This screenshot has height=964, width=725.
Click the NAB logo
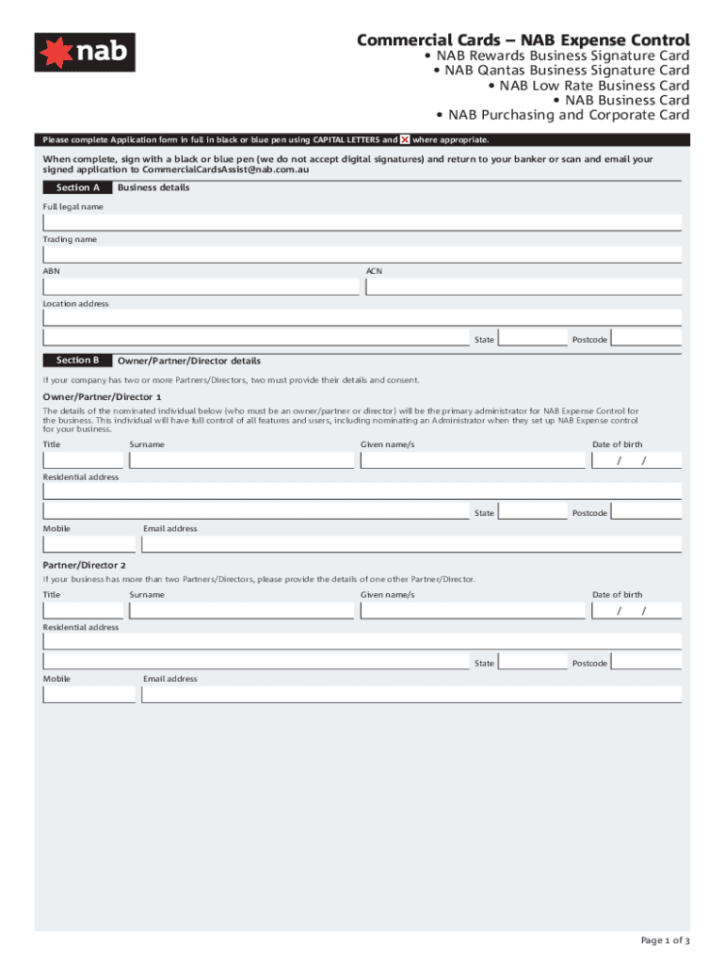(x=85, y=53)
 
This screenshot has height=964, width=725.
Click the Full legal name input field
(x=362, y=223)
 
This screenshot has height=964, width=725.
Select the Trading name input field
(x=362, y=255)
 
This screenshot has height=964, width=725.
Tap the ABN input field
(x=201, y=286)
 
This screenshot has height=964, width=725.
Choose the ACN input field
(x=523, y=286)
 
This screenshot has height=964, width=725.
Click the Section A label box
(x=77, y=187)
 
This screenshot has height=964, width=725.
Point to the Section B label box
(x=77, y=361)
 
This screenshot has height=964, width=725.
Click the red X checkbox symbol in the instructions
(x=405, y=139)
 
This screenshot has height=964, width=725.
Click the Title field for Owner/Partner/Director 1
(x=83, y=460)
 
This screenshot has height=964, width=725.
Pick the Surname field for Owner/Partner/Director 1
(x=242, y=460)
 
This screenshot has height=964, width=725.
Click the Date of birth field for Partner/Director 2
(x=636, y=611)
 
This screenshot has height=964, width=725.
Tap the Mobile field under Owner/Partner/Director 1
(x=89, y=544)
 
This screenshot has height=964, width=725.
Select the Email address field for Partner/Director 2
(x=411, y=695)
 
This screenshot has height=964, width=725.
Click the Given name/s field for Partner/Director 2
(x=472, y=611)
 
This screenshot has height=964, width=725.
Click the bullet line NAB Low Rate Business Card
(x=588, y=85)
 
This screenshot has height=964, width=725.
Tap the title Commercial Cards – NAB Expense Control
(x=523, y=40)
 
